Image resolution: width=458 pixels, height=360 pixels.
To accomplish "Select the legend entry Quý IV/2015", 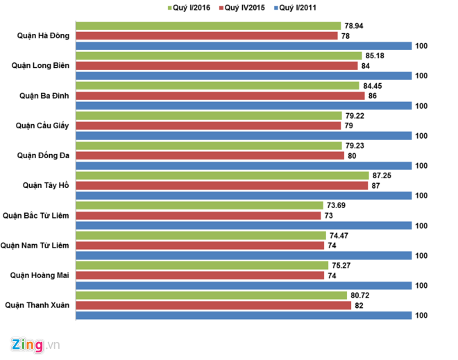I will tap(242, 8).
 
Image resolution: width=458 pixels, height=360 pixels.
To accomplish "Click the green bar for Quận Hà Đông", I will tap(208, 26).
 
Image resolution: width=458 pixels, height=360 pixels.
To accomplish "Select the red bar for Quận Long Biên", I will tap(217, 66).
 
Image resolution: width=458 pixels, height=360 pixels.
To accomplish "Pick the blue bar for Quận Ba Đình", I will tap(244, 105).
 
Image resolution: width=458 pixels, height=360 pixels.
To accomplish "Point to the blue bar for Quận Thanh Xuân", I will tap(244, 315).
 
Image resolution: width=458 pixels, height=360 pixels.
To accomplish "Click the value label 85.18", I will tap(373, 55).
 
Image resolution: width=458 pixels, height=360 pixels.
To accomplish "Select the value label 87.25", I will tap(382, 175).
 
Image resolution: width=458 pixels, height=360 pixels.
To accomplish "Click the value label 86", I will tap(372, 96).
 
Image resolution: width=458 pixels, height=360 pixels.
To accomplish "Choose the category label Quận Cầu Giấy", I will tap(42, 126).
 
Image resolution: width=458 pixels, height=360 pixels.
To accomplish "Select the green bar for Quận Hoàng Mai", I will tap(201, 265).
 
